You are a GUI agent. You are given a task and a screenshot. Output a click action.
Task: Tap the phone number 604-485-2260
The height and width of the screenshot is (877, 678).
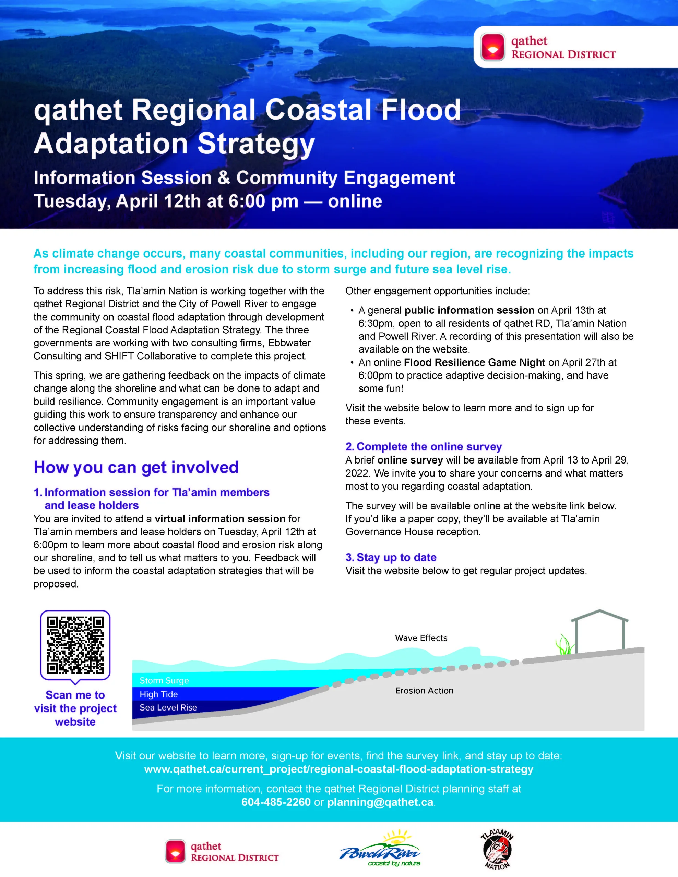pos(276,802)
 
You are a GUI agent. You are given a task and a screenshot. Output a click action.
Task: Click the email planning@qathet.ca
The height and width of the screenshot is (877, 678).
pos(380,802)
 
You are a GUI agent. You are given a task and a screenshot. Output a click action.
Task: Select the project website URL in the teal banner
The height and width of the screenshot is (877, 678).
pos(339,769)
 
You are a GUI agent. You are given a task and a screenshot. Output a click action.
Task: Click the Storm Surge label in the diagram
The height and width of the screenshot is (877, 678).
pos(164,681)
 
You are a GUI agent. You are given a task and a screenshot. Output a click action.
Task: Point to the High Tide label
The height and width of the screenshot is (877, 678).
pos(158,694)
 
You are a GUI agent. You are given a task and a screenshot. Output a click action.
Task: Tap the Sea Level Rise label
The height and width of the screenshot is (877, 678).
pos(168,707)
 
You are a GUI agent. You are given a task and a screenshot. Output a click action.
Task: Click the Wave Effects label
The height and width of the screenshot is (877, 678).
pos(421,638)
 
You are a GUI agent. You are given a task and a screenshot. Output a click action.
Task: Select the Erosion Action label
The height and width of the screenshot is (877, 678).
pos(424,691)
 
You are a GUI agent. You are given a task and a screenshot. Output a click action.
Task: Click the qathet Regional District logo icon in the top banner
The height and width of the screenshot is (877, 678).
pos(493,47)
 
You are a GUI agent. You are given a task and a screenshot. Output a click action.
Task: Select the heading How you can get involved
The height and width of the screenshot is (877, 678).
pos(136,467)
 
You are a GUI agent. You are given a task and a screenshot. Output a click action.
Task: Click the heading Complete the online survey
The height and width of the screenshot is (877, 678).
pos(429,446)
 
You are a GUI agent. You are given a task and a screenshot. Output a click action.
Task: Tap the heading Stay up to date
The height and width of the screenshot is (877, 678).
pos(396,557)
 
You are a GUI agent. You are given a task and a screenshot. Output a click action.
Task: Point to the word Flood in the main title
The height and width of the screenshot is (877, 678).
pos(420,110)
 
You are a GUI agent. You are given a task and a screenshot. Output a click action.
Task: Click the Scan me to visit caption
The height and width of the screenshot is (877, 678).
pos(75,708)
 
